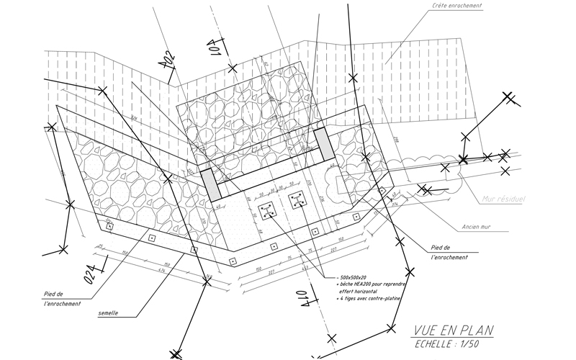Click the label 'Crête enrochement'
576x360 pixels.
pyautogui.click(x=457, y=6)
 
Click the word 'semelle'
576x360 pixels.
pyautogui.click(x=110, y=313)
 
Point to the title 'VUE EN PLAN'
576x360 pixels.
pyautogui.click(x=454, y=331)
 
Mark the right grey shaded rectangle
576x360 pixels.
pyautogui.click(x=323, y=145)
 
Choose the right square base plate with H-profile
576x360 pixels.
pyautogui.click(x=296, y=201)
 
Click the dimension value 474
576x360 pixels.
pyautogui.click(x=141, y=270)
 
